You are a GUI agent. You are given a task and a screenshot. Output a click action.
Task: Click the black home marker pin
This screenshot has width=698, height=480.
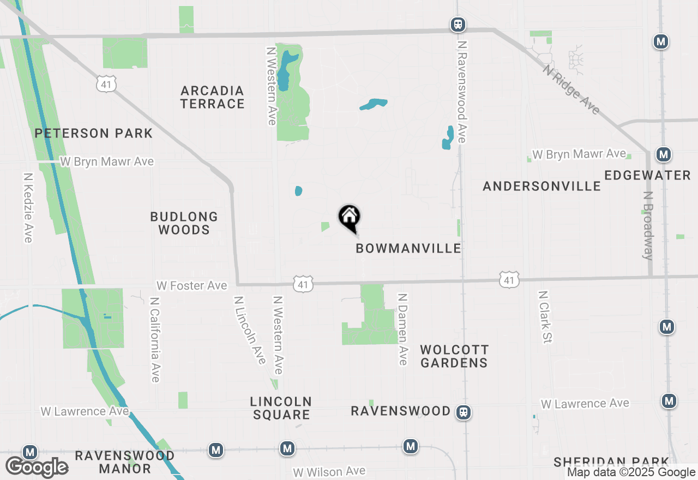click(x=350, y=218)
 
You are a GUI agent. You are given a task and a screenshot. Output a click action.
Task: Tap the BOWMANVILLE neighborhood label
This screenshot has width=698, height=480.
click(x=408, y=249)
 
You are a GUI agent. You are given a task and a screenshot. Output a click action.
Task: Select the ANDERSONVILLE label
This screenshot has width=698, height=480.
click(x=541, y=186)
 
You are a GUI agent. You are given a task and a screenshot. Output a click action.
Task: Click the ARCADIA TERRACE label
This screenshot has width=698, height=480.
click(x=212, y=97)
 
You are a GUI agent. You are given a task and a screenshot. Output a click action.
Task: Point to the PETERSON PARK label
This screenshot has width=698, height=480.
click(x=94, y=133)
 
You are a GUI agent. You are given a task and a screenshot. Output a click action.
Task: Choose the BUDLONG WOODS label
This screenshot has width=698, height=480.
click(x=184, y=223)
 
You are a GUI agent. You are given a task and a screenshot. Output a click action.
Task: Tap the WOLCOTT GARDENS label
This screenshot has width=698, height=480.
click(x=454, y=356)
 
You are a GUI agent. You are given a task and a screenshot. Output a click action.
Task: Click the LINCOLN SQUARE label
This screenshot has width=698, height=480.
click(x=281, y=408)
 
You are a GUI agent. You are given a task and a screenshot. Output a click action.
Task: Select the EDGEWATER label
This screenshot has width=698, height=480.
click(x=647, y=175)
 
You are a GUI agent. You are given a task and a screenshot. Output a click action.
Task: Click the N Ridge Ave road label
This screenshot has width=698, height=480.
click(x=571, y=90)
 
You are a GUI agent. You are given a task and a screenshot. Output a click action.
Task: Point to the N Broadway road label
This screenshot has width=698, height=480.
click(x=648, y=225)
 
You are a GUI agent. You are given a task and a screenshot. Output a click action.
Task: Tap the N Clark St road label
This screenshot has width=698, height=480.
click(x=545, y=316)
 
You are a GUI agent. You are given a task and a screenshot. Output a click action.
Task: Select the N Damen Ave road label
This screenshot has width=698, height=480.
click(x=402, y=329)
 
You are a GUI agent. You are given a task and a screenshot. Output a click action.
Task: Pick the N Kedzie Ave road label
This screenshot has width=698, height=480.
click(x=28, y=208)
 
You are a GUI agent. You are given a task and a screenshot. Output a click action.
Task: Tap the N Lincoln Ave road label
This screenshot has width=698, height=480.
click(x=250, y=330)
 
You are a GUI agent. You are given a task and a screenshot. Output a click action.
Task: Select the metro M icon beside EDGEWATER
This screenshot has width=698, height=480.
click(x=663, y=155)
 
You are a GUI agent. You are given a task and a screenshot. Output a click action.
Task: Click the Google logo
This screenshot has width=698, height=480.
click(x=37, y=467)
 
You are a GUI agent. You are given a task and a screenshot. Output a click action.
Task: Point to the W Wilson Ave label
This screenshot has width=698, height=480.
click(x=329, y=471)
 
